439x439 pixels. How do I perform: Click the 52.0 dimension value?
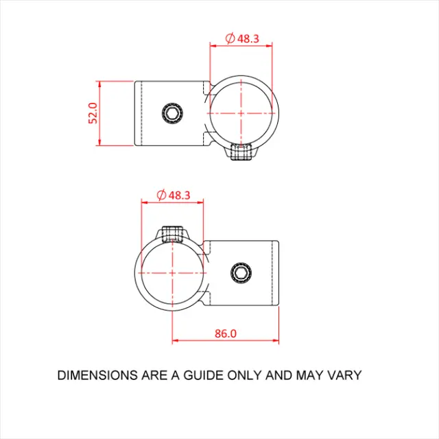pos(93,113)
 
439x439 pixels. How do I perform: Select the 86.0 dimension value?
pos(226,333)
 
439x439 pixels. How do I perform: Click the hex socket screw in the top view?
pos(172,113)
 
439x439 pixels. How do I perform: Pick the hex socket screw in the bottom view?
pos(241,273)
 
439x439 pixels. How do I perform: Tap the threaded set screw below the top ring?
pos(241,152)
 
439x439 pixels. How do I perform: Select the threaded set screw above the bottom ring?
pos(172,234)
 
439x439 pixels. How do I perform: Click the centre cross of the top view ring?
pos(241,113)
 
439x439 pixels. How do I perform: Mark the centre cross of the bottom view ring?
pos(172,273)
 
